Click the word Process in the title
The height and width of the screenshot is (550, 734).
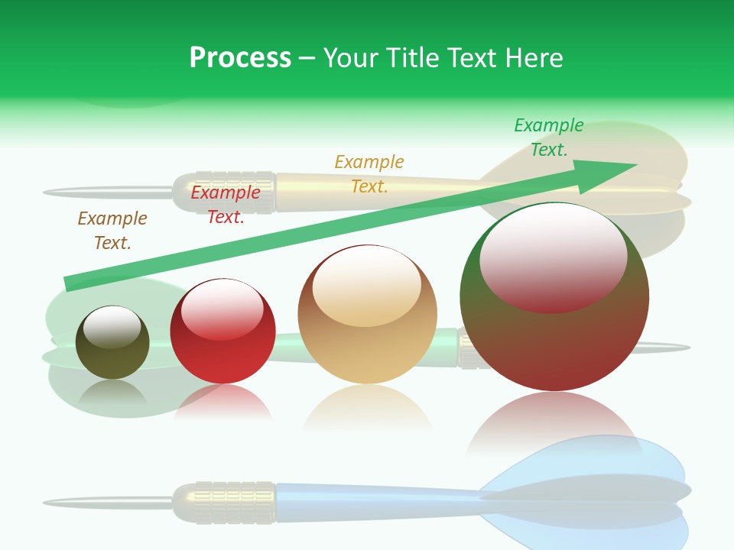coord(240,58)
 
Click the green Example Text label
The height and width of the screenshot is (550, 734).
coord(548,137)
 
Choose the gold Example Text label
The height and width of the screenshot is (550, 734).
coord(369,173)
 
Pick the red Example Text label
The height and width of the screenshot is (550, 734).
coord(226,205)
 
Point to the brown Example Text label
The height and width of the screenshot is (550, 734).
coord(112,230)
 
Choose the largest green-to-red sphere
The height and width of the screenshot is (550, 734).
coord(554,336)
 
